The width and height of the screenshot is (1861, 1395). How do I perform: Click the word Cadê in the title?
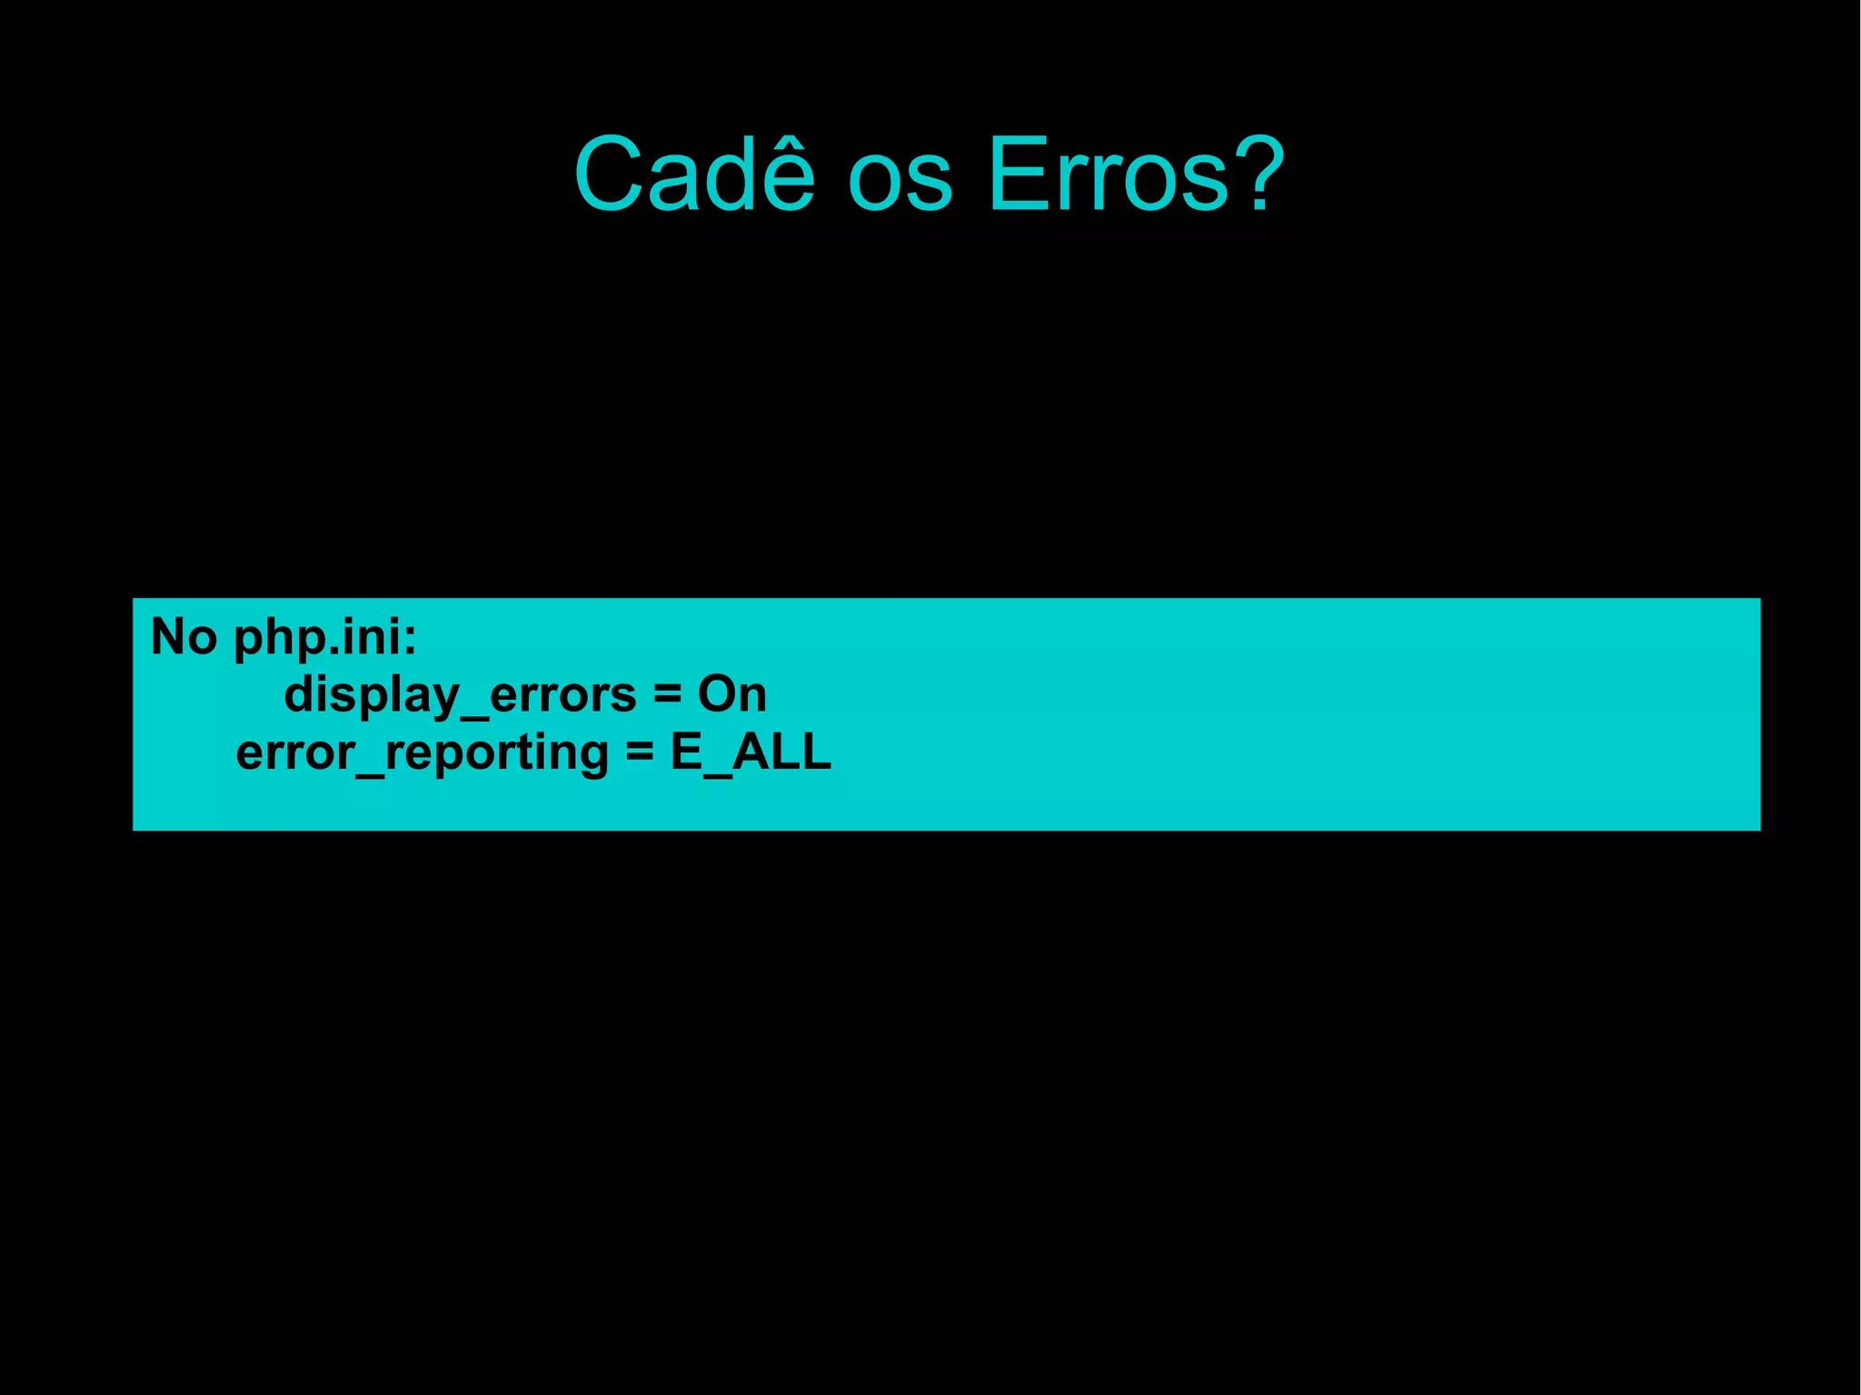tap(694, 174)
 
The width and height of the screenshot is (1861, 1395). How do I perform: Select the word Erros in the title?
tap(1108, 174)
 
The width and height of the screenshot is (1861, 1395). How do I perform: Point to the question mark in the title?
tap(1256, 174)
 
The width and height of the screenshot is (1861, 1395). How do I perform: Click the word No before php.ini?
tap(184, 636)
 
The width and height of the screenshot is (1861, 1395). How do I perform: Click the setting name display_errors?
tap(460, 696)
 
